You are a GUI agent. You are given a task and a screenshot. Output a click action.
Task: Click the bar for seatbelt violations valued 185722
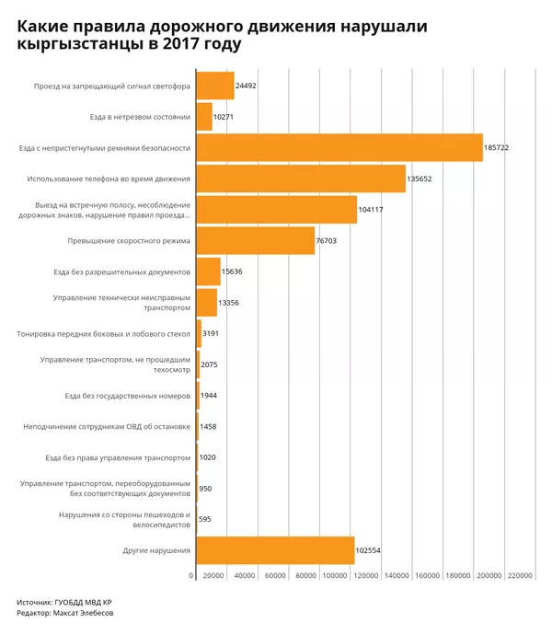tap(339, 147)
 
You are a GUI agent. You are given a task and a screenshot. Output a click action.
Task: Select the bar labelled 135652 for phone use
tap(301, 179)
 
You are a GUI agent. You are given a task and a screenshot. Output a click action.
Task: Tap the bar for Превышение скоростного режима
tap(256, 240)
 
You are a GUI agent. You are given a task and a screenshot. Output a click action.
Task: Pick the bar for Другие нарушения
tap(275, 550)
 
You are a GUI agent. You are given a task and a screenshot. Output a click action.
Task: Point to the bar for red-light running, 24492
tap(215, 86)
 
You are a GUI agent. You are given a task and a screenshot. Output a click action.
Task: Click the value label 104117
tap(372, 210)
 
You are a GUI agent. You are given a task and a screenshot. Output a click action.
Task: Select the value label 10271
tap(226, 117)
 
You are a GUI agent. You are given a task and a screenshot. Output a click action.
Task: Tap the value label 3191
tap(210, 333)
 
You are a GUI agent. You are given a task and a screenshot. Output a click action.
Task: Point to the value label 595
tap(204, 519)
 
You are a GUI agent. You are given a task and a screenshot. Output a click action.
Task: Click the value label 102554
tap(368, 550)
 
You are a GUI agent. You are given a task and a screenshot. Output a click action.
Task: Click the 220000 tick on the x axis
tap(521, 576)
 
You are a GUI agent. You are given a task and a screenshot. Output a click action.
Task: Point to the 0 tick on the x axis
tap(191, 576)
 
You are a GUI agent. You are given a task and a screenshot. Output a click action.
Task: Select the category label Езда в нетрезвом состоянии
tap(140, 117)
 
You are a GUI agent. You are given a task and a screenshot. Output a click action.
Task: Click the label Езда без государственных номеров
tap(127, 396)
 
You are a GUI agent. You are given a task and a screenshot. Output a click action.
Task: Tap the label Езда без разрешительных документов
tap(121, 271)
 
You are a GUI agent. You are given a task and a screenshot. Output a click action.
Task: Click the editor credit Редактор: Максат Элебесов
tap(64, 613)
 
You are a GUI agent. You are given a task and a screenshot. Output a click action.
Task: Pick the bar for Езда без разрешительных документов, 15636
tap(208, 271)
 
